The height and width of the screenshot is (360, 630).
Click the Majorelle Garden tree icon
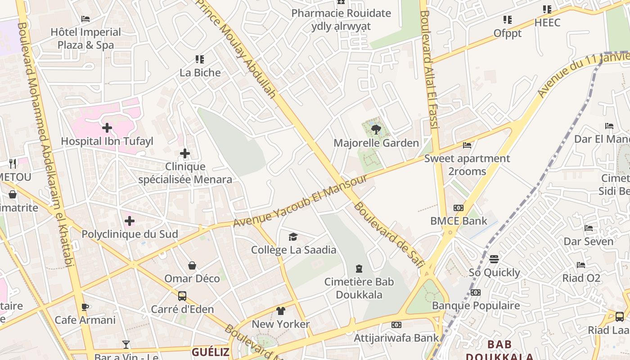(x=376, y=130)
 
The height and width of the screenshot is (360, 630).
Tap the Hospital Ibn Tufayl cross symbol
(x=107, y=128)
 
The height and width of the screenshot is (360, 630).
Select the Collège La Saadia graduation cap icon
(x=293, y=237)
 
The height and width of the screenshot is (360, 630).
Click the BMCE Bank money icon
(x=459, y=208)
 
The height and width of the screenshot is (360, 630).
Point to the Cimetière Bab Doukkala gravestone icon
(x=359, y=269)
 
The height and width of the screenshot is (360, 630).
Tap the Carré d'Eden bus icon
(x=182, y=296)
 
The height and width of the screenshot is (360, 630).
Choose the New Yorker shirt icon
(x=281, y=310)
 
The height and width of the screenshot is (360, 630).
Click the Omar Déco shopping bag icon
(x=192, y=265)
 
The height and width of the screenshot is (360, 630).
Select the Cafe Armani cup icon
(x=85, y=307)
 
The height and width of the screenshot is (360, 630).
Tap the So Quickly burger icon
(x=494, y=259)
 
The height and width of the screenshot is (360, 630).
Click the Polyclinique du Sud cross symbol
(x=130, y=221)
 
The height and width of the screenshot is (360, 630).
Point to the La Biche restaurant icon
(x=200, y=59)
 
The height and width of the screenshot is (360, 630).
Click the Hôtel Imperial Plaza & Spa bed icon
(x=85, y=19)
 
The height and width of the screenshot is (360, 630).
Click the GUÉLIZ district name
(x=211, y=352)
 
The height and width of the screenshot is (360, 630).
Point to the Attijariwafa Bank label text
(x=396, y=337)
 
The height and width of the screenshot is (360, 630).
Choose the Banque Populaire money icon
(x=476, y=292)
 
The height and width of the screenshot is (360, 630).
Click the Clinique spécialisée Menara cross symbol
(x=185, y=154)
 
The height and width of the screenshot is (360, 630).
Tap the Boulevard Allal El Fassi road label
(x=428, y=70)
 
